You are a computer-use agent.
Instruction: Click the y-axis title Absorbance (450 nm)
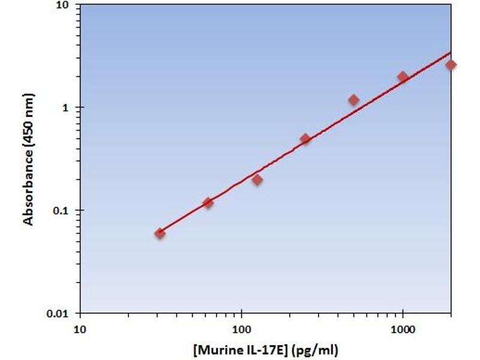pos(28,159)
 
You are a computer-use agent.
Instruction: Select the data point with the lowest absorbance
pos(160,233)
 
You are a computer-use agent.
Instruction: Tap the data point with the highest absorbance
pos(451,65)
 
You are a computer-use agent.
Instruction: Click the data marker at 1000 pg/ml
pos(403,77)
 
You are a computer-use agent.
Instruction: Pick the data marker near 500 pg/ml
pos(354,100)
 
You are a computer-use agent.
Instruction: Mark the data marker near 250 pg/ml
pos(305,139)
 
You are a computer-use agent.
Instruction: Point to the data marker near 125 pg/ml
pos(257,180)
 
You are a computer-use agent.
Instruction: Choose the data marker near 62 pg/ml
pos(208,203)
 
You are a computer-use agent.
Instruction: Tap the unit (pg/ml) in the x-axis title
pos(325,349)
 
